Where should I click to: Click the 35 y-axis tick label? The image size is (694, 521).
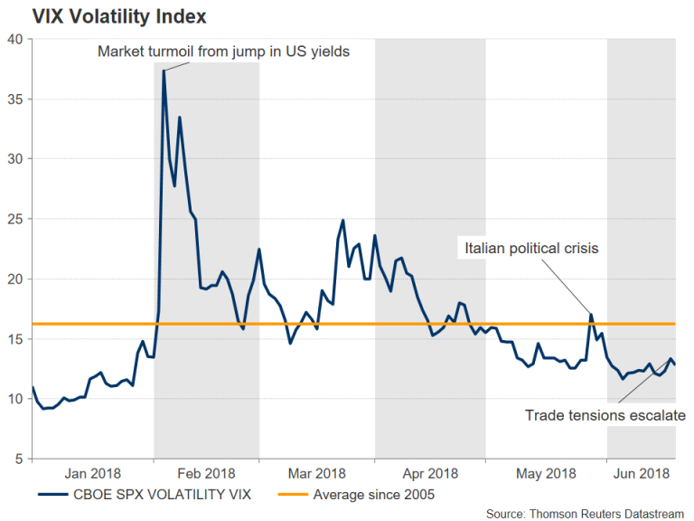pyautogui.click(x=16, y=99)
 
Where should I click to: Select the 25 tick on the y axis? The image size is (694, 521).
pyautogui.click(x=16, y=219)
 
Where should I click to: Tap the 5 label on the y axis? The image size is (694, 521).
pyautogui.click(x=20, y=459)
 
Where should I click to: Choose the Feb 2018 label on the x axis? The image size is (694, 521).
pyautogui.click(x=206, y=473)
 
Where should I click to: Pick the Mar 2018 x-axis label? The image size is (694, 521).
pyautogui.click(x=317, y=473)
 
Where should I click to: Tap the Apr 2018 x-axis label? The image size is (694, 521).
pyautogui.click(x=430, y=473)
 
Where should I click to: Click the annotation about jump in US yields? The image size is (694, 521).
pyautogui.click(x=223, y=52)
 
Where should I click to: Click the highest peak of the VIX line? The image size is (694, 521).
pyautogui.click(x=164, y=70)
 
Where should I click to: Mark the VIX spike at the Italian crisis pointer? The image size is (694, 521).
pyautogui.click(x=591, y=315)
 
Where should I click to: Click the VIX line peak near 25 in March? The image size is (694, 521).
pyautogui.click(x=343, y=220)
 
